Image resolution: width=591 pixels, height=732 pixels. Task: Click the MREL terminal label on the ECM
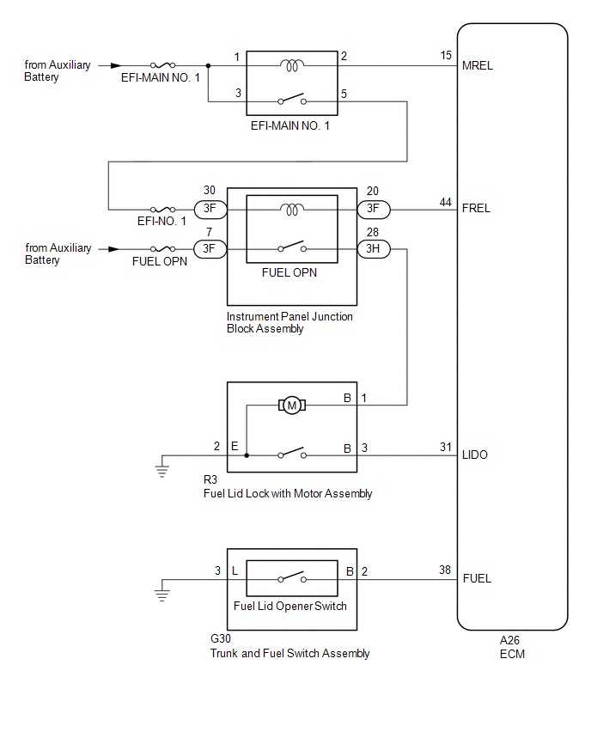click(x=478, y=65)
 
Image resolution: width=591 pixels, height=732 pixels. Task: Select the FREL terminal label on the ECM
click(x=477, y=208)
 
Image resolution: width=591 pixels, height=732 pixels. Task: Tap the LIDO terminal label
click(x=475, y=454)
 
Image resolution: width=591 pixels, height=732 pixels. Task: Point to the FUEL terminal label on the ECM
click(x=477, y=578)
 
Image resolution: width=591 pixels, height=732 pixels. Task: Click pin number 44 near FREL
click(x=446, y=202)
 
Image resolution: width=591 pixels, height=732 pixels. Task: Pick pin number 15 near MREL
click(x=446, y=56)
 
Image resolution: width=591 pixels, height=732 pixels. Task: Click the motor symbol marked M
click(x=291, y=405)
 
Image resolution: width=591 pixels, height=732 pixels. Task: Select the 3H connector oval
click(x=374, y=249)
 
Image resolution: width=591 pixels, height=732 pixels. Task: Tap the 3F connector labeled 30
click(x=210, y=209)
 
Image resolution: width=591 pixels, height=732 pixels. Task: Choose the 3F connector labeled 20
click(x=374, y=209)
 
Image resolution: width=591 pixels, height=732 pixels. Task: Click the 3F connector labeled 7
click(x=210, y=249)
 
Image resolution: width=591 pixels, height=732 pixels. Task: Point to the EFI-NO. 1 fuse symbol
click(x=162, y=209)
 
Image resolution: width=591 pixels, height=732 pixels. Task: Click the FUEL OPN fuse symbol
click(x=162, y=249)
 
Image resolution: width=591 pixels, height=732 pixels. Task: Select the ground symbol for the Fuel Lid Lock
click(x=161, y=467)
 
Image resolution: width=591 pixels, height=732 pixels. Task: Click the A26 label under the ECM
click(x=511, y=640)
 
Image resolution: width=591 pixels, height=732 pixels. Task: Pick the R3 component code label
click(x=210, y=481)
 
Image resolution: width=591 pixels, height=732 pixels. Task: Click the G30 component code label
click(x=220, y=639)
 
